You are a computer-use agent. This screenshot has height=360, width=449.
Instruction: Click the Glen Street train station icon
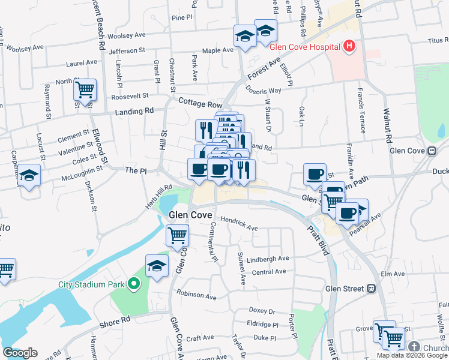point(371,289)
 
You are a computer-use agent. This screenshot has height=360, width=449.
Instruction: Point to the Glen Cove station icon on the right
point(431,151)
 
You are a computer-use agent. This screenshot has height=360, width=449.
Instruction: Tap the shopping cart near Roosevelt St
point(85,90)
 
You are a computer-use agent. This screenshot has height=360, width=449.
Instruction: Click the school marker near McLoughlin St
point(28,176)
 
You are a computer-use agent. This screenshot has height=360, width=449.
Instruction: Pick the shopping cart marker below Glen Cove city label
point(178,236)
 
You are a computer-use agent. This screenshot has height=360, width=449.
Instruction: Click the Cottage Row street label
point(196,103)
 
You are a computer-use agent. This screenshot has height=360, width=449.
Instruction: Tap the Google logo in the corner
point(20,353)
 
